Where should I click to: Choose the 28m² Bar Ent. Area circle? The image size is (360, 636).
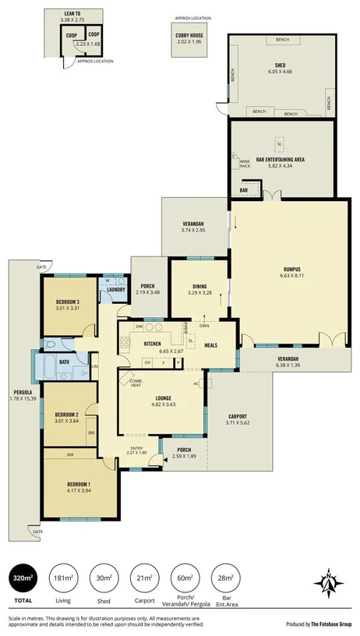pyautogui.click(x=226, y=578)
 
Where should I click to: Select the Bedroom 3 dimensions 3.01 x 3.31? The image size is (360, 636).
pyautogui.click(x=69, y=308)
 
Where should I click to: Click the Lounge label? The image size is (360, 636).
pyautogui.click(x=163, y=397)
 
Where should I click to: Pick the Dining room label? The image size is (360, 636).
pyautogui.click(x=199, y=286)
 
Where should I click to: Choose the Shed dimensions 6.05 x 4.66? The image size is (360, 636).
pyautogui.click(x=279, y=71)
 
